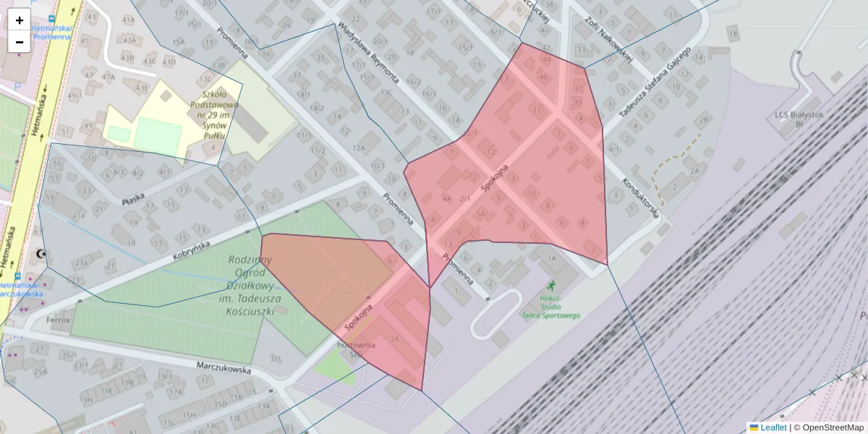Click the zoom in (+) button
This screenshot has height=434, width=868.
pos(19,20)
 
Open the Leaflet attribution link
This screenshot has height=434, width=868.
pos(773,427)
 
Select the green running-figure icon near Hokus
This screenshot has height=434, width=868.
pos(552,285)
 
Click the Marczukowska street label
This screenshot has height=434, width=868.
pos(224,367)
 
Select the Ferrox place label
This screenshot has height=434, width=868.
pos(59,319)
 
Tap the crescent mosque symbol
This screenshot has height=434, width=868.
pos(41,254)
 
